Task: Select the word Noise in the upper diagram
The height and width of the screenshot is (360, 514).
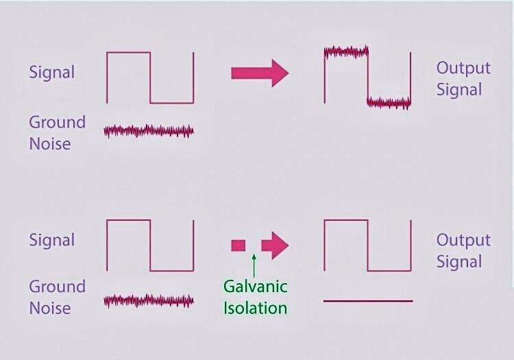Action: coord(50,144)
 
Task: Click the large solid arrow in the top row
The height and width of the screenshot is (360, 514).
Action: coord(260,73)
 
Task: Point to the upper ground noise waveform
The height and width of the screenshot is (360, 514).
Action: coord(149,131)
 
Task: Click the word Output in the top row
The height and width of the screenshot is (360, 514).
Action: coord(463,68)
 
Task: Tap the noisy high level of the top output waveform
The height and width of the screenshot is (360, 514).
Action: coord(346,52)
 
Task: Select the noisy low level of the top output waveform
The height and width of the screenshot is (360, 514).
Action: coord(389,103)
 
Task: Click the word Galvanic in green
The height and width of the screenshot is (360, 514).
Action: coord(256,286)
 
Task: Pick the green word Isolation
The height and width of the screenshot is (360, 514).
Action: coord(256,308)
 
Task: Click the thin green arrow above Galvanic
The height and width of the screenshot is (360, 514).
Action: coord(254,265)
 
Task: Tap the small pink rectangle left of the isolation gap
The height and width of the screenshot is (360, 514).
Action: coord(238,245)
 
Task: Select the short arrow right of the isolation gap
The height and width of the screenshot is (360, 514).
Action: coord(275,245)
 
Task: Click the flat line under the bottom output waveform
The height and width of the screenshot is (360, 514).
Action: coord(368,301)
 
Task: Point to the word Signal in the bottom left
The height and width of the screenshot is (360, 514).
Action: coord(52,240)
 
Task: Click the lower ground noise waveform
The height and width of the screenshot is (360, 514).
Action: coord(149,301)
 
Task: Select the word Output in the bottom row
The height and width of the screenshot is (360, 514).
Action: coord(463,240)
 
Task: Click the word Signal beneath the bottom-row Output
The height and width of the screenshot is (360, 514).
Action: coord(459,262)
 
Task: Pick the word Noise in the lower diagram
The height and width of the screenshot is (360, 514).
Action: coord(50,308)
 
